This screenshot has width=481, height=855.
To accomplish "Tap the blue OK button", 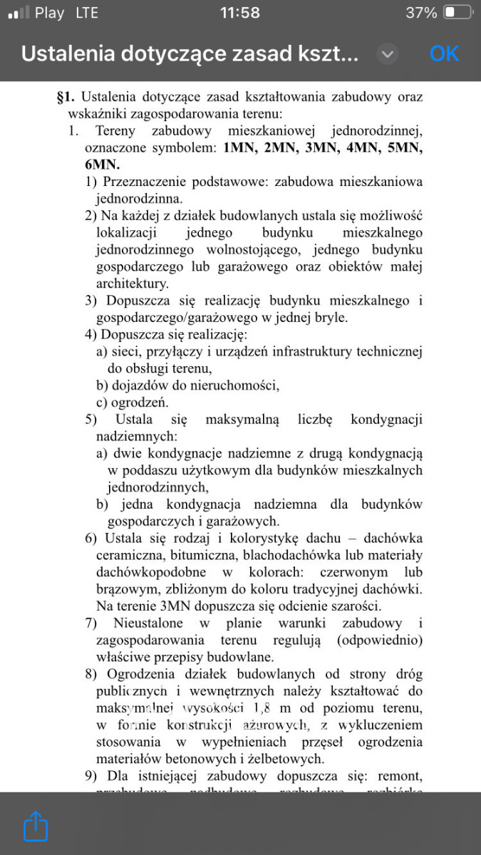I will [x=444, y=53].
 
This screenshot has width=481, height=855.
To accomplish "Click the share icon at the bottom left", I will [x=36, y=827].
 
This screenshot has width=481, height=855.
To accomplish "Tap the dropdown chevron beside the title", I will [x=387, y=54].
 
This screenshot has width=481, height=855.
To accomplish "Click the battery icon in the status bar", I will [x=457, y=13].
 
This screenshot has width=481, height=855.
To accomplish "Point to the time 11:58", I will [x=240, y=13].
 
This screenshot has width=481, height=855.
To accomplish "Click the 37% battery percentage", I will [x=421, y=13].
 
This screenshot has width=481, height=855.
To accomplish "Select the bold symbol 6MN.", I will [x=102, y=165].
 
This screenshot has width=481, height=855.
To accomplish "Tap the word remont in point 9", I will [x=398, y=775].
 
